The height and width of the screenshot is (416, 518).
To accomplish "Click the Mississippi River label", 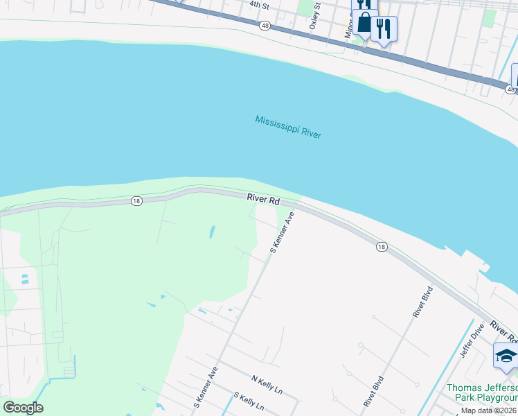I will coord(288,126).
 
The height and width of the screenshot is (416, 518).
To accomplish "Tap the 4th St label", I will coord(259,4).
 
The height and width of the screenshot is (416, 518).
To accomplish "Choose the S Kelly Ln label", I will coord(249,401).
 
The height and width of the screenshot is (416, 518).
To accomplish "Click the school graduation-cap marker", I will coord(506,356).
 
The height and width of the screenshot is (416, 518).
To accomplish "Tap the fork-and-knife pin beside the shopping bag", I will coord(383,29).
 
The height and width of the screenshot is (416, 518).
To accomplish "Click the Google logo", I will coord(23,407).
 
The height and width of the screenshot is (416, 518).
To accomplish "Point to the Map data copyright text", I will coord(488,410).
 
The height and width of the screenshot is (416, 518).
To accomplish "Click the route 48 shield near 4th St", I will coord(265,25).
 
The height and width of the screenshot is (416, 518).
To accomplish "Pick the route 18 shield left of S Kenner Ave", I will coord(136,200).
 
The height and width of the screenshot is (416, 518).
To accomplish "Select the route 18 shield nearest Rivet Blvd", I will coord(382,246).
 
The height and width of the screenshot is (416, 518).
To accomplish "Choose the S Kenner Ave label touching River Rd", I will coord(282,232).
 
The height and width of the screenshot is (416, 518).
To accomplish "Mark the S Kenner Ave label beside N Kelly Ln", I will coord(206,386).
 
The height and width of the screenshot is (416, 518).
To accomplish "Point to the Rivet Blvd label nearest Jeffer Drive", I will coord(422,302).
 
